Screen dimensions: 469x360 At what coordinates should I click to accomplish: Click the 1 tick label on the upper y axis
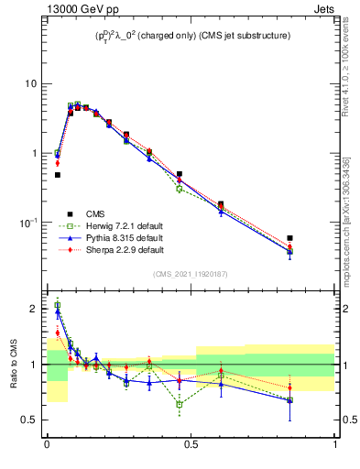click(37, 153)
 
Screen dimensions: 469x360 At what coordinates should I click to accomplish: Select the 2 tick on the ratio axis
click(38, 310)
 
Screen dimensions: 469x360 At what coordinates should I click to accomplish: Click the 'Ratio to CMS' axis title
click(15, 365)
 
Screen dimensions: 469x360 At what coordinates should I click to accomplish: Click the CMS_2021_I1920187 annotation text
click(191, 274)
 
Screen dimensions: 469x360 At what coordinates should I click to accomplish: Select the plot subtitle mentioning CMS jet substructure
click(191, 36)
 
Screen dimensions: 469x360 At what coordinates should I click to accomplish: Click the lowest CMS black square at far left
click(57, 174)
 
